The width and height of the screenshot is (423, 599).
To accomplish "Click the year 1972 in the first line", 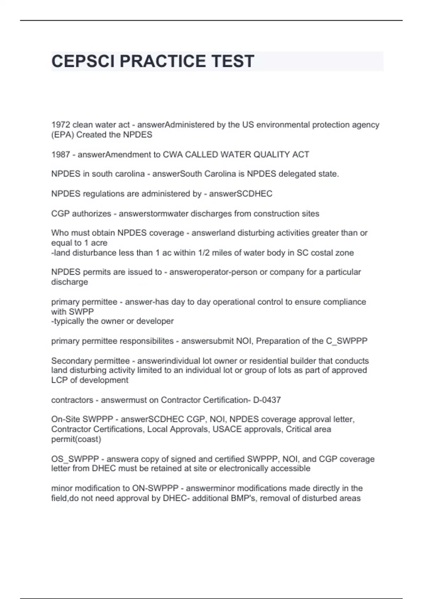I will click(61, 125).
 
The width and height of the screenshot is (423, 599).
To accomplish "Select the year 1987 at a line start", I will click(61, 154).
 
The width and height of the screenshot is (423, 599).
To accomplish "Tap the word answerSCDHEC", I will click(241, 194).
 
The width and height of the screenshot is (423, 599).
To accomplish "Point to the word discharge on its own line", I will click(69, 282).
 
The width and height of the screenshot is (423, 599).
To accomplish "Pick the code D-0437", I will click(267, 400).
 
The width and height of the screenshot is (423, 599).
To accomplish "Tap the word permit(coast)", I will click(76, 439).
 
